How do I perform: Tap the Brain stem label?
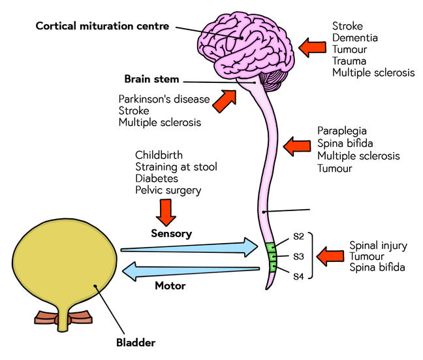(x=151, y=80)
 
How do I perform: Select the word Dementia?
(x=354, y=38)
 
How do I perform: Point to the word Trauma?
(x=351, y=61)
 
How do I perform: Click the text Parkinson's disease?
(x=164, y=99)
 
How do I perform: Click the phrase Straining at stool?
(x=176, y=167)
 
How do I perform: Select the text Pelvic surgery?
(x=168, y=190)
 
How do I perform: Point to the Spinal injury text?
(x=378, y=246)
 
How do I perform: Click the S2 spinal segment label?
(x=298, y=237)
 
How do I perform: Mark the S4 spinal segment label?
(x=298, y=276)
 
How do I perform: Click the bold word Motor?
(x=170, y=286)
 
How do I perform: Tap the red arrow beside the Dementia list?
(x=313, y=46)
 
